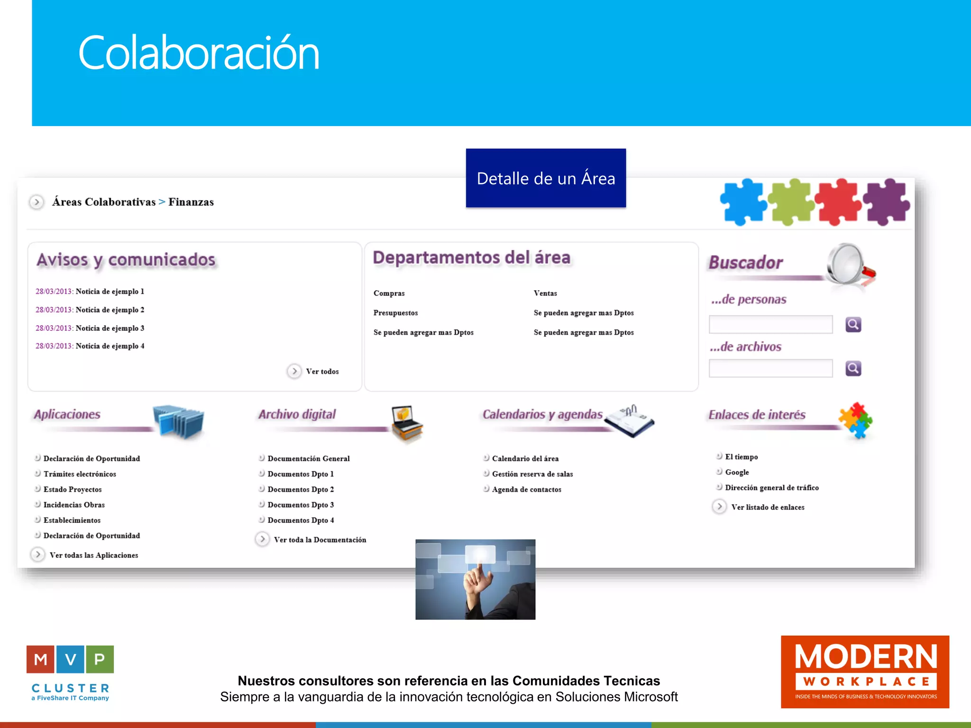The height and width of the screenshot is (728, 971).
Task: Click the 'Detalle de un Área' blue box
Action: click(546, 178)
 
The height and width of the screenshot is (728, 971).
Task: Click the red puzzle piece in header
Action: click(838, 201)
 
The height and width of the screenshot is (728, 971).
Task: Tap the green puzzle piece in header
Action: click(790, 201)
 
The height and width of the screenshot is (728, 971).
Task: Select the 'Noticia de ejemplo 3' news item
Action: click(110, 328)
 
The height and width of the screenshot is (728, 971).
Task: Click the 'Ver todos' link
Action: click(322, 372)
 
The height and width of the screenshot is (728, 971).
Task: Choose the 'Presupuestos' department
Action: click(395, 313)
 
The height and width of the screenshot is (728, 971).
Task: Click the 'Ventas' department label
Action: click(545, 293)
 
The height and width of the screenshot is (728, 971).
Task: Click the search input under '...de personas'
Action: click(770, 325)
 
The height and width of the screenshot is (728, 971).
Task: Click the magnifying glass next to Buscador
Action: click(849, 265)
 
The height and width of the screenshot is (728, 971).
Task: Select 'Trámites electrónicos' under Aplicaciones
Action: click(80, 474)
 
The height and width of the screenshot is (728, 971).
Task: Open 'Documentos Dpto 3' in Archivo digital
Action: click(301, 505)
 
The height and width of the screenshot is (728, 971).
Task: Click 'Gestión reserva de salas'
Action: click(532, 474)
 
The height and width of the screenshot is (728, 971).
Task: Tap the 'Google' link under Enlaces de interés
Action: click(737, 473)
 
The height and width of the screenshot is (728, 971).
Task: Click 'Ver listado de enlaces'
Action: click(767, 507)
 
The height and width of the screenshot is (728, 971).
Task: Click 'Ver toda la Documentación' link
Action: click(320, 540)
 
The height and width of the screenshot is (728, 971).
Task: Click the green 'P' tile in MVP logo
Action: click(100, 659)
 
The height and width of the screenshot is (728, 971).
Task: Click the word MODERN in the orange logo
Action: click(866, 657)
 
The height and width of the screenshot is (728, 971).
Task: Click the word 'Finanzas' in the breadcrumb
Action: click(191, 202)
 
